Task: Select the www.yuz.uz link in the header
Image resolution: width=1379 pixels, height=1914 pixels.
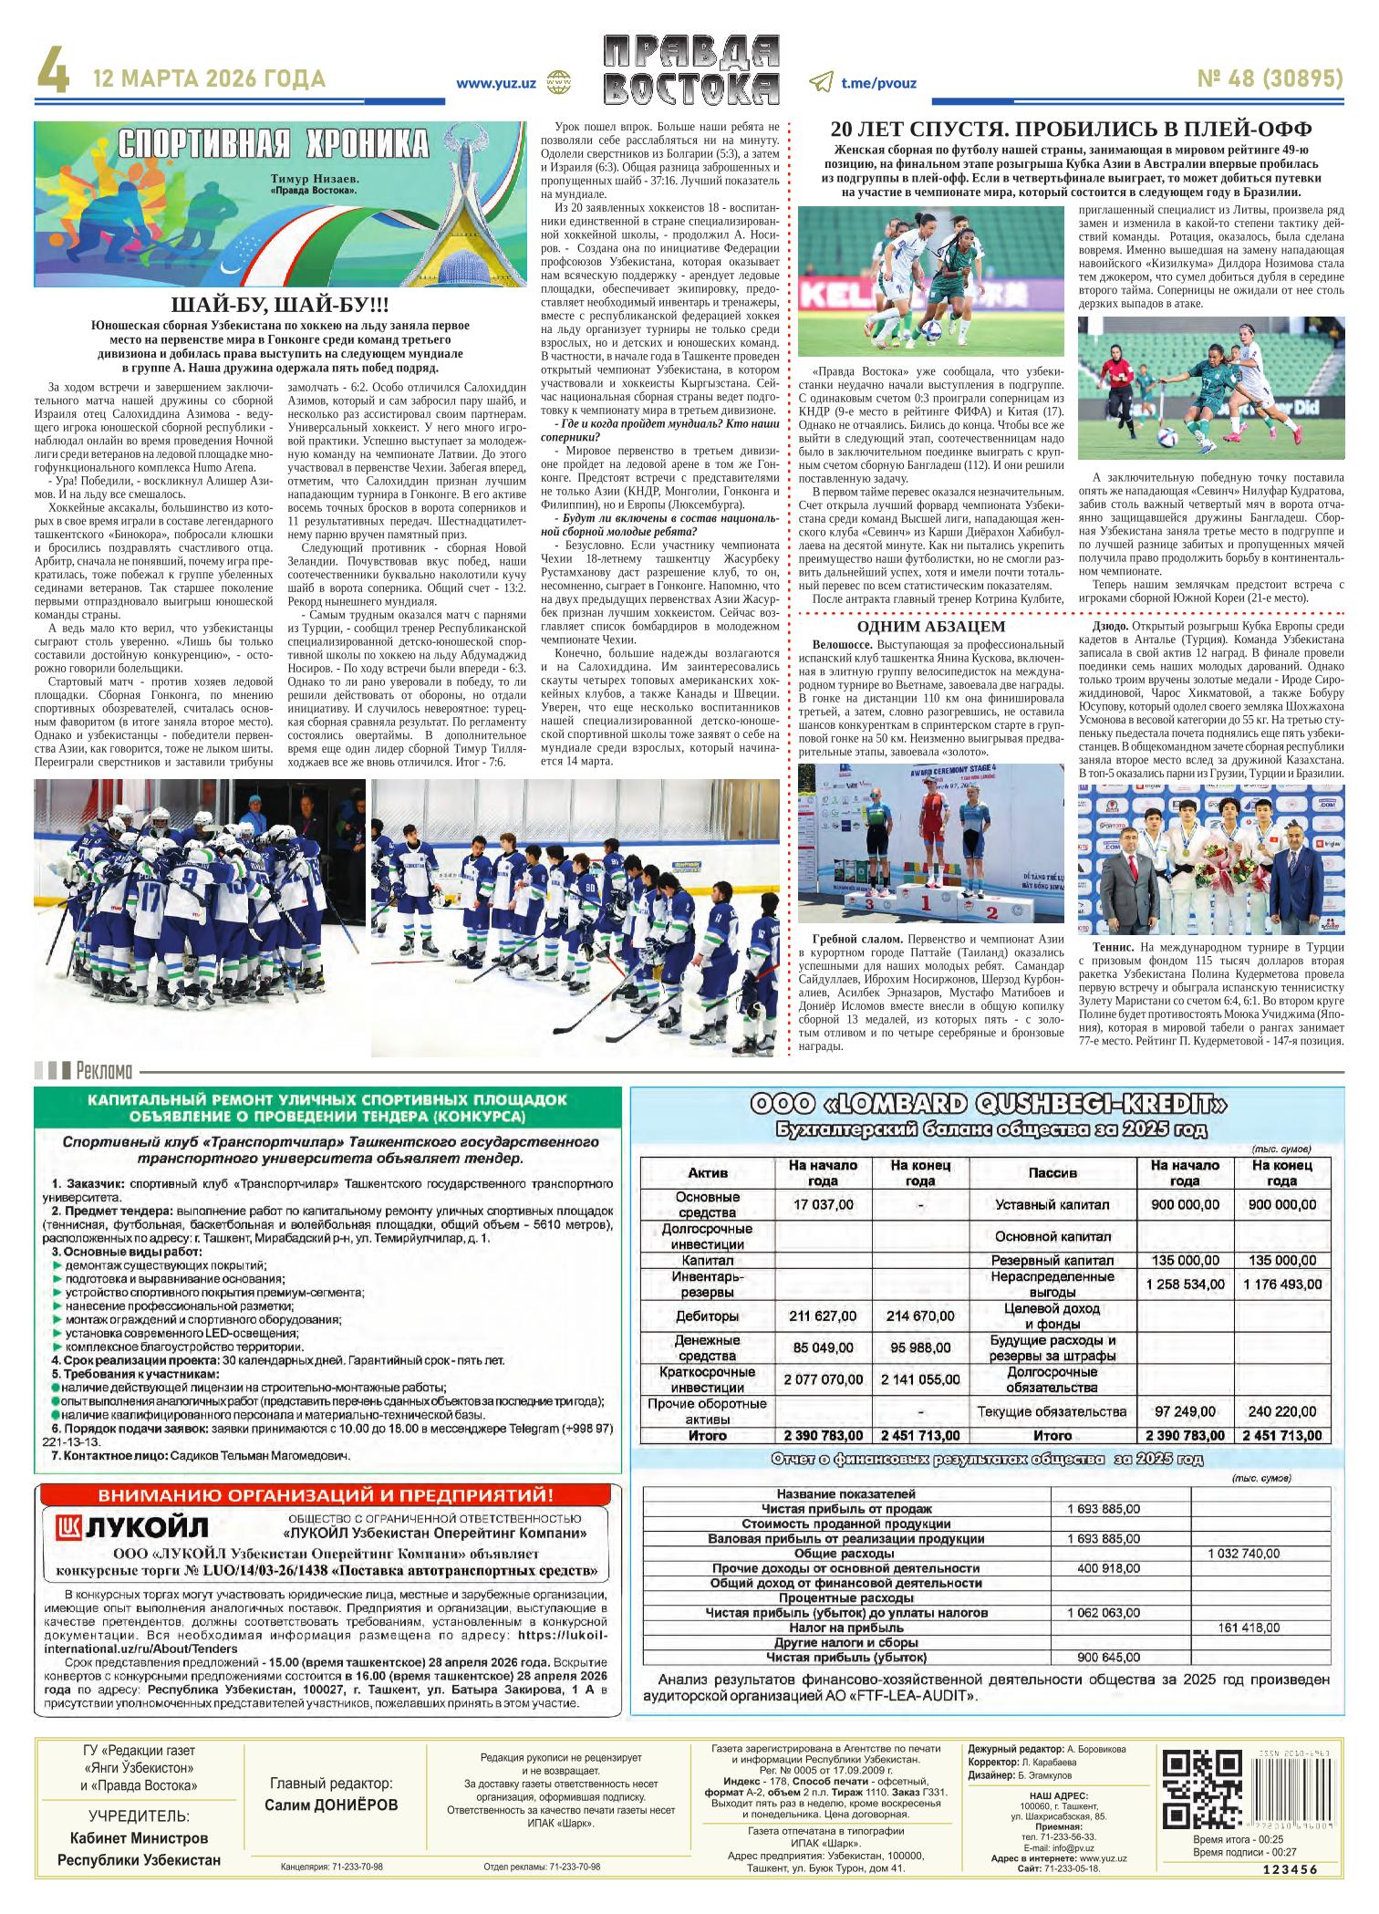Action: coord(495,82)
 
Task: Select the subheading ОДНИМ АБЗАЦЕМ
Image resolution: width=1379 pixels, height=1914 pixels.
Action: coord(931,627)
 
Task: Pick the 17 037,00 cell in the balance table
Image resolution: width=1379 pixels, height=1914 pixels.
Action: coord(823,1204)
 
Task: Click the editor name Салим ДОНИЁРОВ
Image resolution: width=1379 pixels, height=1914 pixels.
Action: coord(331,1805)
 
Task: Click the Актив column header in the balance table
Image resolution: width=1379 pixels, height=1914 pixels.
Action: coord(707,1172)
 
